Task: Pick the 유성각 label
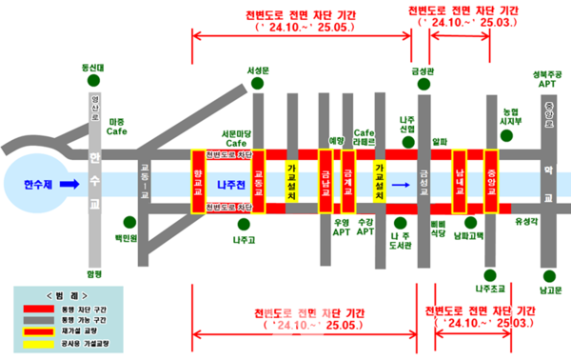(x=525, y=221)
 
